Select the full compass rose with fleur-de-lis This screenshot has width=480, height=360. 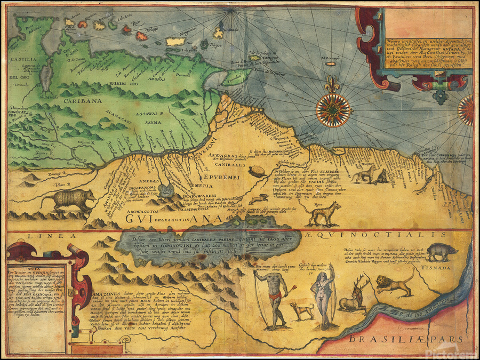pos(333,110)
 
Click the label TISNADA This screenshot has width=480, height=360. pos(442,269)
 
